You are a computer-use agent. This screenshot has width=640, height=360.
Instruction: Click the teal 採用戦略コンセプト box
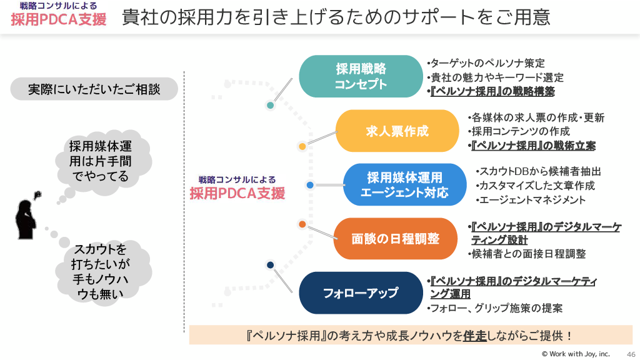point(361,76)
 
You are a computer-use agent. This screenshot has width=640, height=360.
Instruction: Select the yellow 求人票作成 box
point(397,131)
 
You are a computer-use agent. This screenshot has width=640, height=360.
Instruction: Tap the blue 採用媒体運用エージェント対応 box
point(404,185)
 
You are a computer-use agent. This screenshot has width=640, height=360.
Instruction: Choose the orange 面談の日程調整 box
point(396,239)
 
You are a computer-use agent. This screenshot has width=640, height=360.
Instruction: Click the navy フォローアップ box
point(361,292)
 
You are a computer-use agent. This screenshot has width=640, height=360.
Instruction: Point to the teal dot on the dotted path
point(271,106)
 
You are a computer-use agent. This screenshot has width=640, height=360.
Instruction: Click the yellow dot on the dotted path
point(302,147)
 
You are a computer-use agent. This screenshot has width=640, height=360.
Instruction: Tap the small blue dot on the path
point(310,185)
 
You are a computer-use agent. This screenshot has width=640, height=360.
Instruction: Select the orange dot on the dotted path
point(302,224)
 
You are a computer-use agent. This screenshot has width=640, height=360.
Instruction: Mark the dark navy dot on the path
point(270,265)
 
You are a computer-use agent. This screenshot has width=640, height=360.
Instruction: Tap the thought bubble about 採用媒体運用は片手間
point(101,162)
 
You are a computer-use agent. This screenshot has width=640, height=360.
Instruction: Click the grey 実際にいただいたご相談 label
point(94,89)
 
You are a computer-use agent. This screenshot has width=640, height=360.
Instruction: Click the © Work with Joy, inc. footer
point(576,354)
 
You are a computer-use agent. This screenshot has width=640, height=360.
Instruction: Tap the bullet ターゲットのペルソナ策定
point(486,63)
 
